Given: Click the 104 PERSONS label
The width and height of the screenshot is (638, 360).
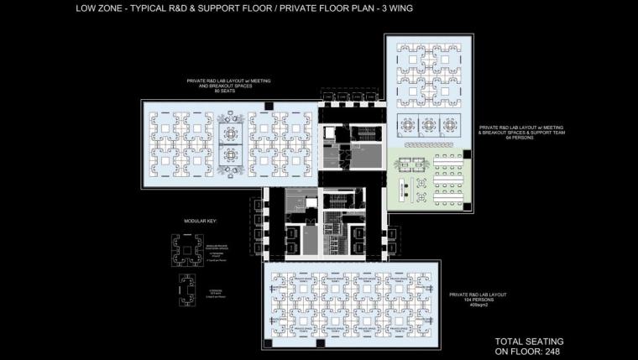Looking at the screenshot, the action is click(x=469, y=299).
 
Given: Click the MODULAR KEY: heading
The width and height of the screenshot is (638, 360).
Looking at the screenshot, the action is click(x=200, y=221).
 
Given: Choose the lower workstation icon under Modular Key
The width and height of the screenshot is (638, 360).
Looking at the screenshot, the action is click(x=184, y=288).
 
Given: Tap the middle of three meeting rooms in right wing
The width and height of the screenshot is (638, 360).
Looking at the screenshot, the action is click(x=429, y=125).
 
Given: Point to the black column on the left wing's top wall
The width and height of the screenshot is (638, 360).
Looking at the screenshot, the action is click(x=267, y=103).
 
